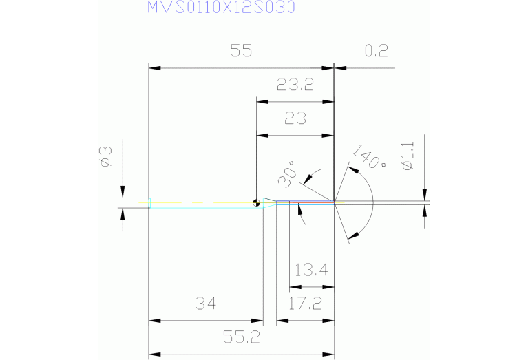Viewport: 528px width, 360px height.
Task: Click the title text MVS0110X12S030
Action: click(x=220, y=8)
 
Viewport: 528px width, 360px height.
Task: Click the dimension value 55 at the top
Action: click(x=241, y=52)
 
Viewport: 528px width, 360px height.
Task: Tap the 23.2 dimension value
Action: click(x=295, y=85)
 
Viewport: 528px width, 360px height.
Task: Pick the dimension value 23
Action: click(x=295, y=118)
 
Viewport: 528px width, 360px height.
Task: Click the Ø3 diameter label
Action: click(x=105, y=156)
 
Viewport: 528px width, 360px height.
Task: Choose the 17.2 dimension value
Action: click(x=304, y=304)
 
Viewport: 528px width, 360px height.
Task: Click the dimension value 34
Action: click(x=206, y=304)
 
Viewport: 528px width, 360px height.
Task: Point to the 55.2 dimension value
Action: click(x=241, y=338)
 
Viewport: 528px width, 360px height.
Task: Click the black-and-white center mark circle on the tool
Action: click(x=256, y=202)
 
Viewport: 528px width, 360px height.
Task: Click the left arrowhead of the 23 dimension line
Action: click(x=261, y=134)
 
